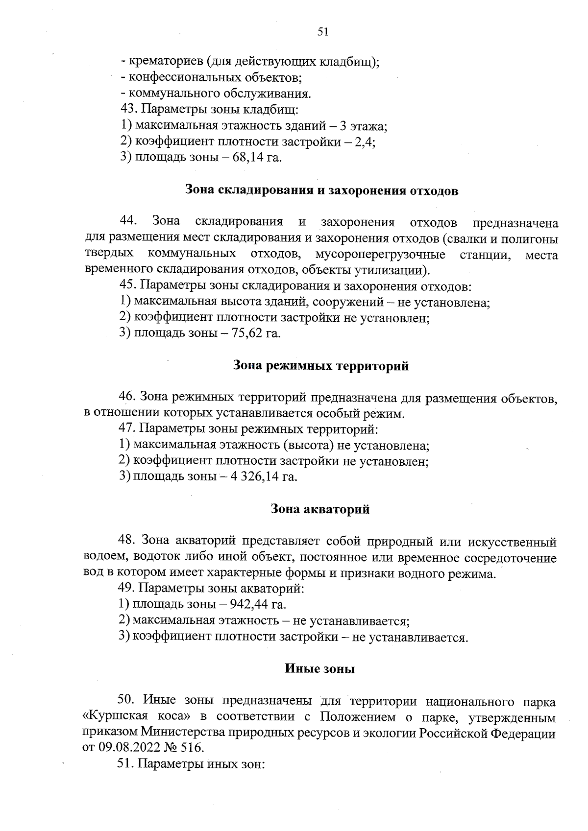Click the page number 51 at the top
point(322,32)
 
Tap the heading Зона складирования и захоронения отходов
point(321,190)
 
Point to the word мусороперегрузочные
point(380,255)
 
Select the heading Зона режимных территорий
point(320,366)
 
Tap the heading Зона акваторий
point(320,509)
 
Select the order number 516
point(190,748)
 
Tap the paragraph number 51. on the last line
point(127,764)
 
